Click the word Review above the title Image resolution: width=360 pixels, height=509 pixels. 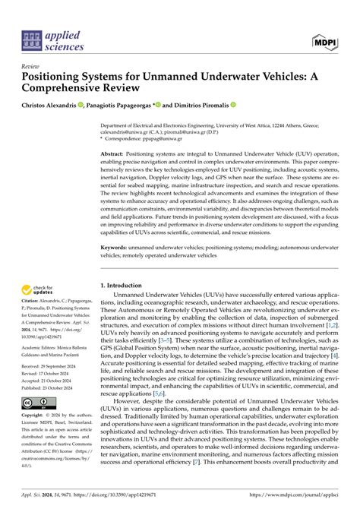(x=33, y=66)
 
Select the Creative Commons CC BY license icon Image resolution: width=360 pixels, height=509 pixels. (x=37, y=402)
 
